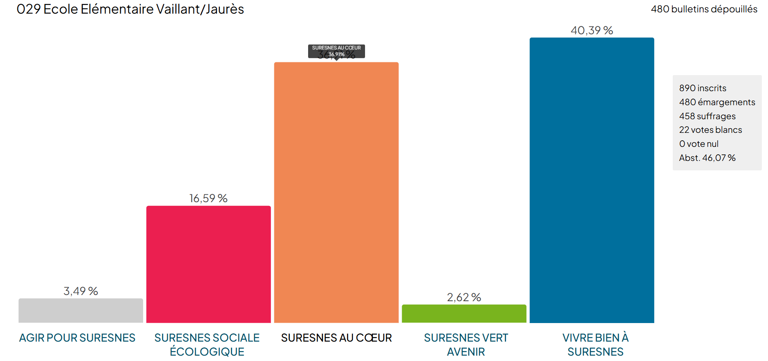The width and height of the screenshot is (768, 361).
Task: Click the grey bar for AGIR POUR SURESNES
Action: click(x=80, y=311)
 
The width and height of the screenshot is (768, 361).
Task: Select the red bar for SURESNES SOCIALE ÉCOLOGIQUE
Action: click(x=208, y=264)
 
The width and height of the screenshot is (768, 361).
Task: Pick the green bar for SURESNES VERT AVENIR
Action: click(x=464, y=314)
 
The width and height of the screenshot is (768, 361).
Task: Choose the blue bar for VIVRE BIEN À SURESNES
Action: click(x=591, y=180)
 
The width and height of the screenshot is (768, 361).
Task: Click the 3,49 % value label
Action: click(x=80, y=291)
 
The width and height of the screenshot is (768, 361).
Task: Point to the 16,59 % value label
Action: click(x=208, y=198)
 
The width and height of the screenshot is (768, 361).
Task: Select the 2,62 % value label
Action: click(x=464, y=297)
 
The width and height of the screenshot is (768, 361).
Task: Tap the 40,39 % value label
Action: click(x=591, y=31)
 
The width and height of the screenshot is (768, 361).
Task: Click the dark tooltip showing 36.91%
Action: click(x=336, y=51)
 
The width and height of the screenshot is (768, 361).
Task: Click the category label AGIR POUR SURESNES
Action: click(x=77, y=338)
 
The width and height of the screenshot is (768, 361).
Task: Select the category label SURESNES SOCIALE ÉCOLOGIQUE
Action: click(x=207, y=345)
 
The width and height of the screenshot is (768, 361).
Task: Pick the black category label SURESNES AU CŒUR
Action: click(x=336, y=338)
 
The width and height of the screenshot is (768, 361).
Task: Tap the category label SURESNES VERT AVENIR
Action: click(x=466, y=345)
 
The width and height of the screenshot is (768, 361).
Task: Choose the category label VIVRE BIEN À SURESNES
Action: click(x=595, y=345)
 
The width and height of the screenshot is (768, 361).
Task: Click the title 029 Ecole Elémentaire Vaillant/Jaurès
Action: click(x=130, y=9)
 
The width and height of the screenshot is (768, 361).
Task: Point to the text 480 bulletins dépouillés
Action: click(x=704, y=9)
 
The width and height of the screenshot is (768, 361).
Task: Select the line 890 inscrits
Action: click(x=702, y=88)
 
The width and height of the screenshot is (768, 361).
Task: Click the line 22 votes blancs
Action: click(x=710, y=130)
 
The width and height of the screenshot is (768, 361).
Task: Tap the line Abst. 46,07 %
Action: click(x=707, y=158)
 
